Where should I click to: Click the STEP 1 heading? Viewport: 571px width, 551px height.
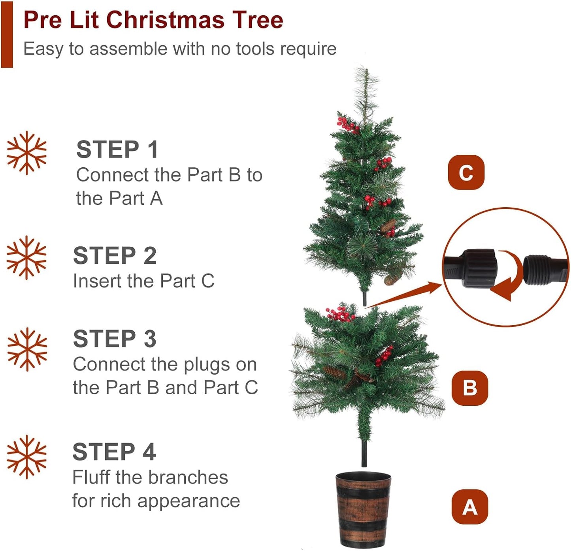(x=117, y=150)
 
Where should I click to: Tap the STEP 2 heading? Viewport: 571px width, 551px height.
(x=115, y=255)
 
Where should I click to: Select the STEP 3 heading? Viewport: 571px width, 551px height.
(x=115, y=339)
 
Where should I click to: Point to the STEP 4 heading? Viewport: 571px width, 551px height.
(x=114, y=452)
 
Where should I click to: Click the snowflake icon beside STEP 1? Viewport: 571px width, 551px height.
(x=26, y=153)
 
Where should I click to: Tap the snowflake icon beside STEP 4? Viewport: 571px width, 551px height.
(x=26, y=457)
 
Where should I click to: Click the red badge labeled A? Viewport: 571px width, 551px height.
(x=469, y=507)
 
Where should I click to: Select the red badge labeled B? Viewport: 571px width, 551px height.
(x=469, y=388)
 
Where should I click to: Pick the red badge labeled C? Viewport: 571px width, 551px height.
(x=466, y=172)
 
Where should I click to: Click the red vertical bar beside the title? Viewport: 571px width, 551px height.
(x=7, y=34)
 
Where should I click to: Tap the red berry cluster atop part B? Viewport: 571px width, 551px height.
(x=340, y=314)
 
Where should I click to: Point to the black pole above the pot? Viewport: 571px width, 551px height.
(x=364, y=454)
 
